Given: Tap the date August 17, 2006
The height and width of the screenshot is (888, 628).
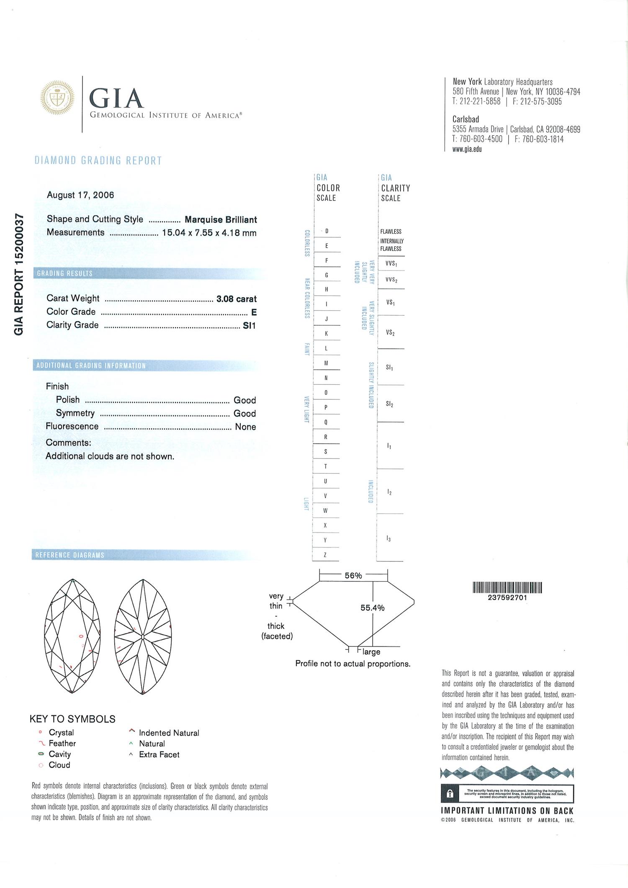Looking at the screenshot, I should pos(80,195).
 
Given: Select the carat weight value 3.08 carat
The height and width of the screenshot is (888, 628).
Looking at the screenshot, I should pos(236,299).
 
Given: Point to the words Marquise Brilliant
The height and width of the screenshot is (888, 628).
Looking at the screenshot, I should pos(221,220).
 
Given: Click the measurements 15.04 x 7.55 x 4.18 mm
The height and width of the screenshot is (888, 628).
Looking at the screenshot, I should pos(209,233).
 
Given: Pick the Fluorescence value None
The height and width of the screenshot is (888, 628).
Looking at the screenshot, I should pos(245,427).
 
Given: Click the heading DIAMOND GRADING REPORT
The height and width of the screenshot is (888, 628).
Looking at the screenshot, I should pos(98,161).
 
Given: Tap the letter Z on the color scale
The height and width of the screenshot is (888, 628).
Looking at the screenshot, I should pos(325,555).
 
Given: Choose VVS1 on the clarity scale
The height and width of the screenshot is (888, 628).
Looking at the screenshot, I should pos(391,264).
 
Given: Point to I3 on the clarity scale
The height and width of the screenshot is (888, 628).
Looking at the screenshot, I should pos(389,539).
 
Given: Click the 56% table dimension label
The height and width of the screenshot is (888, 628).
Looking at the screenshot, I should pos(353,576).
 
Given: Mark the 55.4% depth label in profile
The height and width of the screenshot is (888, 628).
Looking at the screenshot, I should pos(372,608).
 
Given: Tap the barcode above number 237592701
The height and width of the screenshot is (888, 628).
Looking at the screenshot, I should pos(507,588).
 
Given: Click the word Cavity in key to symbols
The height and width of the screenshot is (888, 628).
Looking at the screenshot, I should pos(60,754).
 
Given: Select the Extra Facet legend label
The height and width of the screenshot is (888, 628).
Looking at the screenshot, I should pos(159,754).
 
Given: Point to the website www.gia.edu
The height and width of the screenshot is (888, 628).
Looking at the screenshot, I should pos(467,149).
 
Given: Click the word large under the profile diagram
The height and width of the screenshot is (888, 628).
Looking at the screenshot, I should pos(371,652).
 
